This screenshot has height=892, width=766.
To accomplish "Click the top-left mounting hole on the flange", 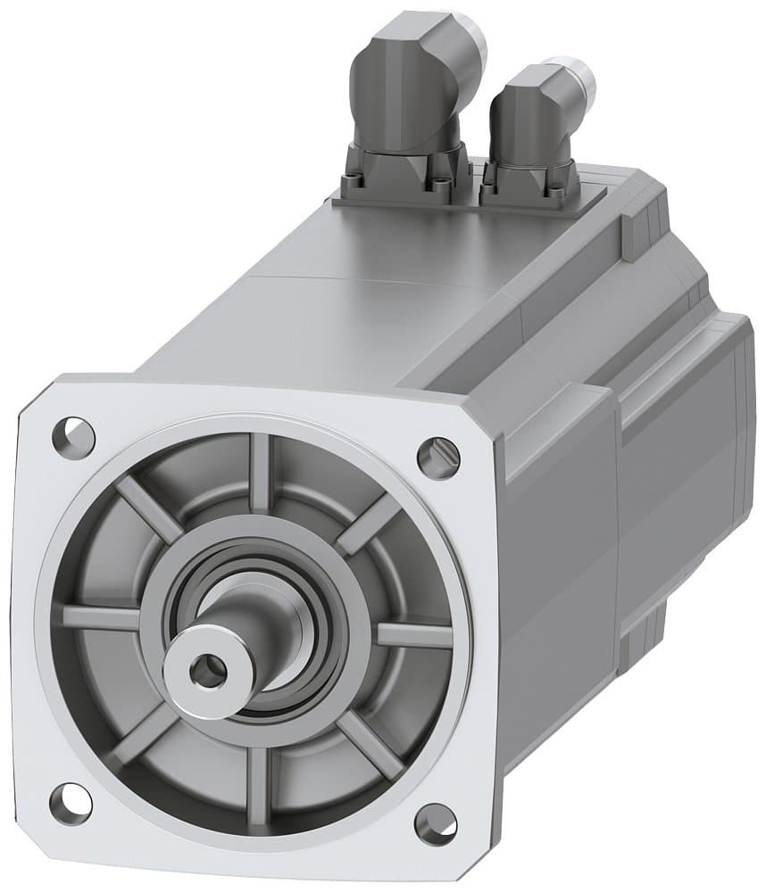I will [73, 434].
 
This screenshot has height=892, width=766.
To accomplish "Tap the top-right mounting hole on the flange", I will [438, 457].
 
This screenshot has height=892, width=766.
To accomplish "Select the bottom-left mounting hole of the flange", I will [71, 802].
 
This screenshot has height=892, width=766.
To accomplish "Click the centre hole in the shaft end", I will [208, 670].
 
